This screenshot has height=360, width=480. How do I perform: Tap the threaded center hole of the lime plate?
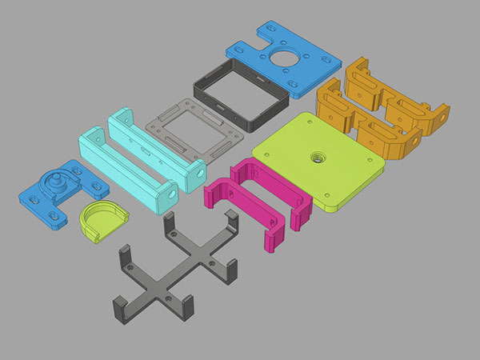pyautogui.click(x=318, y=158)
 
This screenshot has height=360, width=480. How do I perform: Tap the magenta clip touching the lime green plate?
pyautogui.click(x=276, y=200)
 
